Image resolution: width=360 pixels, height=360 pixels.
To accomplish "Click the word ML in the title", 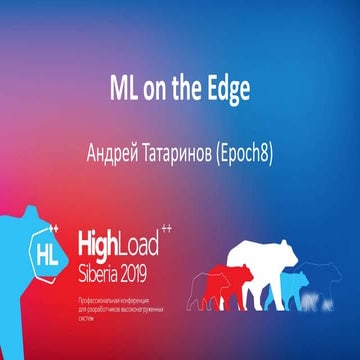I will (x=122, y=88).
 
